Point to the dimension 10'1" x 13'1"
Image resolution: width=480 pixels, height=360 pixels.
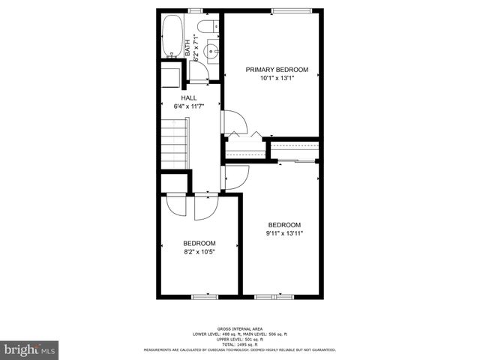coord(276,78)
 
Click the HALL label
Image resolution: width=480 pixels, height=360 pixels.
coord(189,97)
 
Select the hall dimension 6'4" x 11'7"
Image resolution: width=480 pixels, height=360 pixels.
coord(189,106)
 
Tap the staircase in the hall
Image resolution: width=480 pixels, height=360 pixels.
coord(175,146)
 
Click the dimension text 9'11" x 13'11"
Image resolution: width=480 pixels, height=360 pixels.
coord(284,233)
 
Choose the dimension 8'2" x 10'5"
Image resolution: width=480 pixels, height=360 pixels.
coord(199,251)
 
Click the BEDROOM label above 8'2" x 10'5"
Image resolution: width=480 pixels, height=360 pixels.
coord(199,243)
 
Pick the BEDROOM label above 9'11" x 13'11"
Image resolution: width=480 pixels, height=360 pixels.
coord(284,225)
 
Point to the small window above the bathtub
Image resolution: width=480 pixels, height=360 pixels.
coord(196,10)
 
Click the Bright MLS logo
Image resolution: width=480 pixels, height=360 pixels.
coord(29,349)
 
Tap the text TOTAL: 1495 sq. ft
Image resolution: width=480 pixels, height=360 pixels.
coord(239,343)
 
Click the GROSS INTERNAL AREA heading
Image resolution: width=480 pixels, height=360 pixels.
coord(239,328)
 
